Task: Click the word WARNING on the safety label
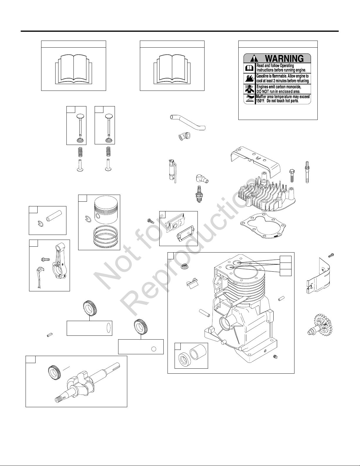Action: pos(284,58)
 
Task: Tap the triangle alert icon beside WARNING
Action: pos(252,59)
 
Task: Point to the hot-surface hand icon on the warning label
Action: pos(249,98)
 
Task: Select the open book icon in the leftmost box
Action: pos(73,69)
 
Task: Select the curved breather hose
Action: pos(188,122)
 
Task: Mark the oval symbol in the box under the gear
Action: pos(108,328)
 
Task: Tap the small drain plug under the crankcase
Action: pos(276,357)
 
